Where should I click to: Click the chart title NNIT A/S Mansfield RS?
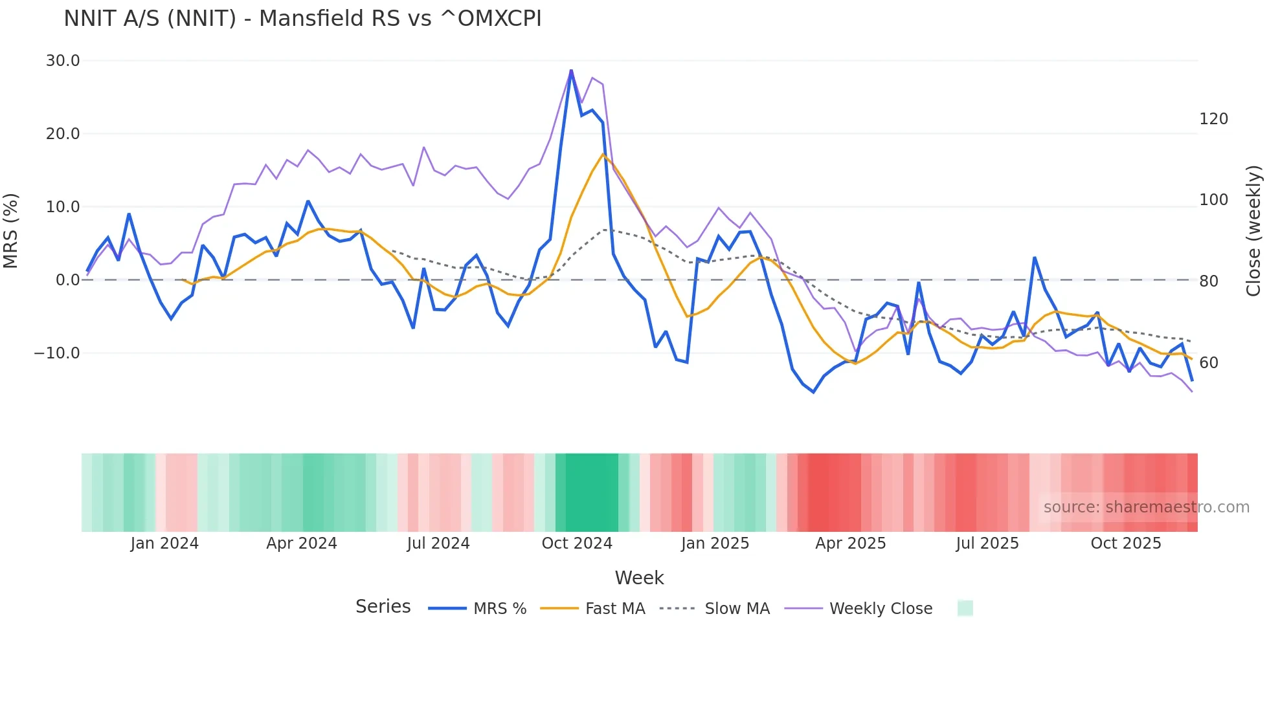point(302,19)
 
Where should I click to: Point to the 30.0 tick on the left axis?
point(63,61)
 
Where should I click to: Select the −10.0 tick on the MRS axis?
point(57,353)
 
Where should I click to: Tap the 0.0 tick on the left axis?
point(67,280)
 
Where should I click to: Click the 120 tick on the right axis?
point(1213,119)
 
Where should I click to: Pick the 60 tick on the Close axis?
point(1208,363)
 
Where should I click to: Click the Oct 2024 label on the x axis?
point(577,543)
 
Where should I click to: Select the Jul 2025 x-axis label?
point(987,543)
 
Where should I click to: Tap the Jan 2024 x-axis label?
point(164,543)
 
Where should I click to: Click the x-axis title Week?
point(639,578)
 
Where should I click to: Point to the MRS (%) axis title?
point(11,231)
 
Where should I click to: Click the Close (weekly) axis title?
point(1253,231)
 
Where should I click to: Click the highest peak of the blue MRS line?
point(571,70)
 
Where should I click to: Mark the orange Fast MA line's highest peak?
point(603,154)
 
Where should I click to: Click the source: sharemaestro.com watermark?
point(1146,507)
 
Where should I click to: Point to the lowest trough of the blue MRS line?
point(814,392)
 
